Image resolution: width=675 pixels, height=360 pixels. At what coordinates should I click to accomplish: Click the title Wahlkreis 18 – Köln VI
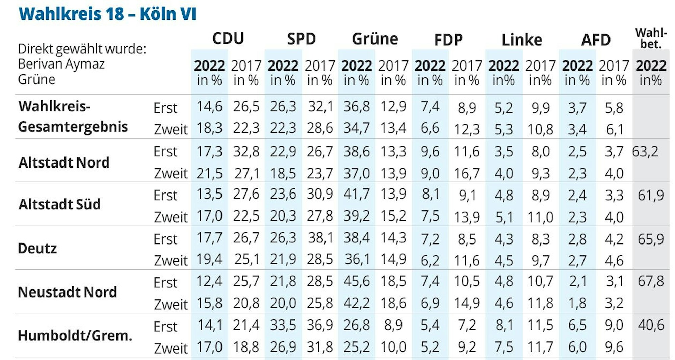pyautogui.click(x=107, y=14)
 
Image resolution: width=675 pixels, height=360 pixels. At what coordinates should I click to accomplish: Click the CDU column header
pyautogui.click(x=228, y=38)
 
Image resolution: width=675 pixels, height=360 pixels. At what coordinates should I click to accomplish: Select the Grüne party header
pyautogui.click(x=375, y=39)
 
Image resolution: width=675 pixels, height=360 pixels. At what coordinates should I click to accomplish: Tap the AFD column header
pyautogui.click(x=596, y=40)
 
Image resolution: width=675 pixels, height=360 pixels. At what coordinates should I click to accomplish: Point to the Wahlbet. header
pyautogui.click(x=651, y=38)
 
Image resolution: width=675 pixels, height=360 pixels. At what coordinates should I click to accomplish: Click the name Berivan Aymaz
pyautogui.click(x=61, y=64)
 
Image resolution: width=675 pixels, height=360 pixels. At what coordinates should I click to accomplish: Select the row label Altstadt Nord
pyautogui.click(x=64, y=162)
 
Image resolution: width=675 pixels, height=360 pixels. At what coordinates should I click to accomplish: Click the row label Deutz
pyautogui.click(x=37, y=248)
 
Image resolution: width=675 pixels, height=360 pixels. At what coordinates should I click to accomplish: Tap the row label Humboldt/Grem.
pyautogui.click(x=75, y=336)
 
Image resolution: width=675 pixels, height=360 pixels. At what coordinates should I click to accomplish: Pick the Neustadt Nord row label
pyautogui.click(x=67, y=292)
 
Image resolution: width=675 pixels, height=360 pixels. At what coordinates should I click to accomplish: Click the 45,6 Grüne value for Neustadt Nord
pyautogui.click(x=357, y=281)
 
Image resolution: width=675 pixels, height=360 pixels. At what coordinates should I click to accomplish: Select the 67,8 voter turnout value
pyautogui.click(x=651, y=281)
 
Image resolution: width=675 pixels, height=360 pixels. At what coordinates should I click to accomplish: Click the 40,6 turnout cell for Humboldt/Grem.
pyautogui.click(x=651, y=325)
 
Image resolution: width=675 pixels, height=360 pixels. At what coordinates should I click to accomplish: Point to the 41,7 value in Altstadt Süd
pyautogui.click(x=357, y=194)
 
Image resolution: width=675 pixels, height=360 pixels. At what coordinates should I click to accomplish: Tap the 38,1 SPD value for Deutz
pyautogui.click(x=320, y=238)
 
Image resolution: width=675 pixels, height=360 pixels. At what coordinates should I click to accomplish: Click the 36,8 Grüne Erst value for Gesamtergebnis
pyautogui.click(x=357, y=106)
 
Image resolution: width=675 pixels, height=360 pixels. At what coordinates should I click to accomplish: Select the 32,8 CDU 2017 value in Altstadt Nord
pyautogui.click(x=246, y=151)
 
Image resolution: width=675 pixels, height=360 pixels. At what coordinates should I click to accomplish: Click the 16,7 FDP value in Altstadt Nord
pyautogui.click(x=467, y=173)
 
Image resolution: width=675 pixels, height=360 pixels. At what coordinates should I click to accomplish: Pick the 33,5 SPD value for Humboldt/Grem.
pyautogui.click(x=283, y=325)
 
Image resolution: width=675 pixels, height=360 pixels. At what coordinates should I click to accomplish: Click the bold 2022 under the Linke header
pyautogui.click(x=503, y=66)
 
